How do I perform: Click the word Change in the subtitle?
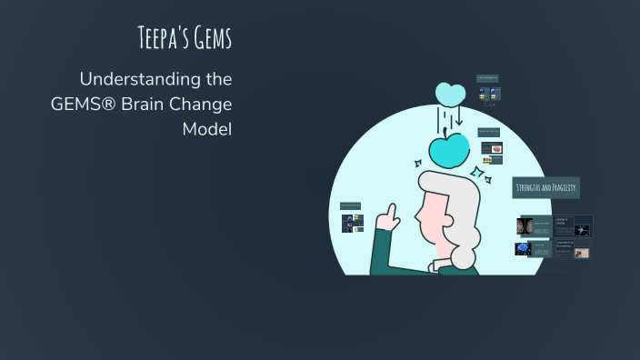click(205, 104)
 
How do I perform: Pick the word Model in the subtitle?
click(207, 129)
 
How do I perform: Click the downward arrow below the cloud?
click(458, 117)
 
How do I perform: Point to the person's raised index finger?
click(392, 212)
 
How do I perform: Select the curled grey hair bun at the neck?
click(464, 255)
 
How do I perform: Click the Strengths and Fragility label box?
click(545, 187)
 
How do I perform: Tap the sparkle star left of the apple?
click(419, 165)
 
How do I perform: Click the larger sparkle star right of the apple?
click(475, 173)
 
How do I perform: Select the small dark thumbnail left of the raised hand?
click(351, 222)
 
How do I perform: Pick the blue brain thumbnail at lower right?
click(523, 248)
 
